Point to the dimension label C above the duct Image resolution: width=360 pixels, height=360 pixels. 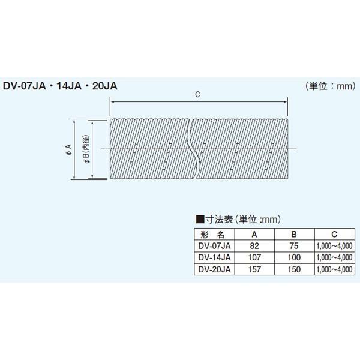197,95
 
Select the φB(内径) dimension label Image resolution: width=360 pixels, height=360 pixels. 86,148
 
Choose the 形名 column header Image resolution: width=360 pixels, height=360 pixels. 212,235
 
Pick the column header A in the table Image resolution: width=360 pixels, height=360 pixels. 255,235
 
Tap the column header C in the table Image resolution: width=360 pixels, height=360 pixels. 334,235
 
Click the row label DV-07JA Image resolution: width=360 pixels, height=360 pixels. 213,246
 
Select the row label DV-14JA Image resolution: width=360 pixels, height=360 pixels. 213,257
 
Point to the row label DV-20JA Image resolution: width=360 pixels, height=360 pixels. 213,269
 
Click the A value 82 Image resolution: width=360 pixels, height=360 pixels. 255,246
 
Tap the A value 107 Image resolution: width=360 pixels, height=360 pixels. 255,257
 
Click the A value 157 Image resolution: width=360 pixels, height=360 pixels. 255,269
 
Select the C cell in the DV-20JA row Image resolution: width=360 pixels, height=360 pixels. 334,269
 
